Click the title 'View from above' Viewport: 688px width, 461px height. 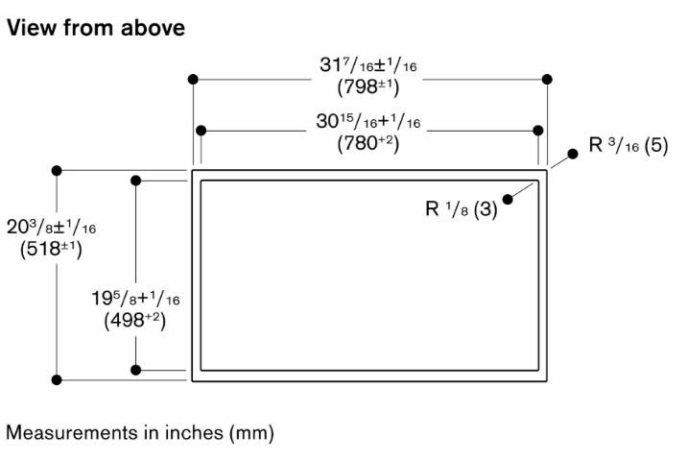point(96,28)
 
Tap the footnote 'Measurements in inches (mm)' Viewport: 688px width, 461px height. point(140,433)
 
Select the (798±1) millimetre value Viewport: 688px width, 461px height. point(368,87)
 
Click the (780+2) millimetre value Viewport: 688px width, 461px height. point(368,143)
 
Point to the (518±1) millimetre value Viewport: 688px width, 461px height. point(51,250)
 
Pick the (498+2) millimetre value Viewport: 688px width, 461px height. point(135,321)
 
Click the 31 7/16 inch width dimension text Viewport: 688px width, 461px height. point(368,65)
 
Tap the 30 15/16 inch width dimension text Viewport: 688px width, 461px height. point(368,121)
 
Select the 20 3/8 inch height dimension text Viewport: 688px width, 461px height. point(51,227)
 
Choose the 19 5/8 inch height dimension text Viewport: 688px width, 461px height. point(135,299)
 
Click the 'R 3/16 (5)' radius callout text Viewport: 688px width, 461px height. point(629,145)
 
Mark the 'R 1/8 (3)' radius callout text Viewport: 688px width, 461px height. point(462,208)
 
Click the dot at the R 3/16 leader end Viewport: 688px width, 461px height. point(573,154)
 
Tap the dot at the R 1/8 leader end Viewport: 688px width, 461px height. point(508,200)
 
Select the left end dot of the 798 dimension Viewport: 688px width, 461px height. point(193,79)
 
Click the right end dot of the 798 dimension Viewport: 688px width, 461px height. point(547,79)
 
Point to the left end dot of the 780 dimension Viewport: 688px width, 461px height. point(201,131)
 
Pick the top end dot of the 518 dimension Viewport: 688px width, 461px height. point(57,170)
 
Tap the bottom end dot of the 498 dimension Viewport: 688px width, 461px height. point(136,370)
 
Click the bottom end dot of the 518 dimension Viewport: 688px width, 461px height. point(57,379)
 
